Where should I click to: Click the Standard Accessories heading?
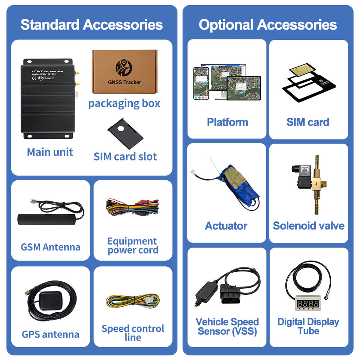91,25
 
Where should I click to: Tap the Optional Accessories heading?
268,25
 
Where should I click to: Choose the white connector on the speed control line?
150,300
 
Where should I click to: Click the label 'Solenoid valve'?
308,226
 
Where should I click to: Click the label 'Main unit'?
50,152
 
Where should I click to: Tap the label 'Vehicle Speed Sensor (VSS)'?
227,327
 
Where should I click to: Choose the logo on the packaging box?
124,67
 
